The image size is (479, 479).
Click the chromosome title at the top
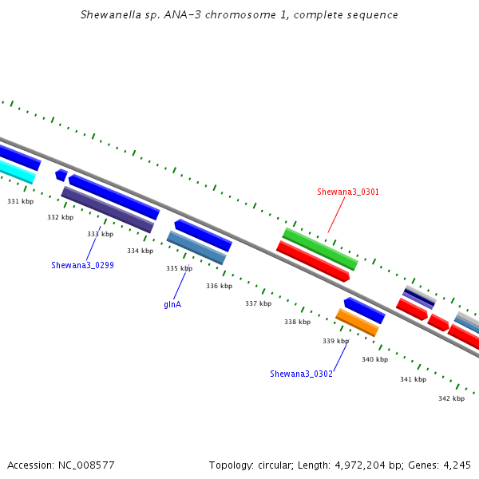point(239,14)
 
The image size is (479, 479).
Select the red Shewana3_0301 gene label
point(348,192)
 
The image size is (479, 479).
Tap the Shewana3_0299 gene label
point(82,265)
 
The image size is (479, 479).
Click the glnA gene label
point(172,304)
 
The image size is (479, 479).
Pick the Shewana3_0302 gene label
point(301,374)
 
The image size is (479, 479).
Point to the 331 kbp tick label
point(21,201)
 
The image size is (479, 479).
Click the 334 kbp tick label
point(141,251)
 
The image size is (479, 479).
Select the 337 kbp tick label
point(259,303)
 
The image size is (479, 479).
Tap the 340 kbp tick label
point(375,359)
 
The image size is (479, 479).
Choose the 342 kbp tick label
point(452,398)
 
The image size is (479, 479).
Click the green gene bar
point(320,249)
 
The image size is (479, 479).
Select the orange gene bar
point(357,323)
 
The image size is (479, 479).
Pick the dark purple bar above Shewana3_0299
point(108,209)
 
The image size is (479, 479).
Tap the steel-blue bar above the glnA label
point(196,247)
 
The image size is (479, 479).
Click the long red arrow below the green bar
point(313,261)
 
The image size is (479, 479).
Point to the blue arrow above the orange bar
point(365,311)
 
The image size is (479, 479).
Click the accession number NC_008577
point(86,465)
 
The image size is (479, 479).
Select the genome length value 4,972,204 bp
point(370,465)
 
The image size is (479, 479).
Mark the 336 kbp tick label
point(219,286)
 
